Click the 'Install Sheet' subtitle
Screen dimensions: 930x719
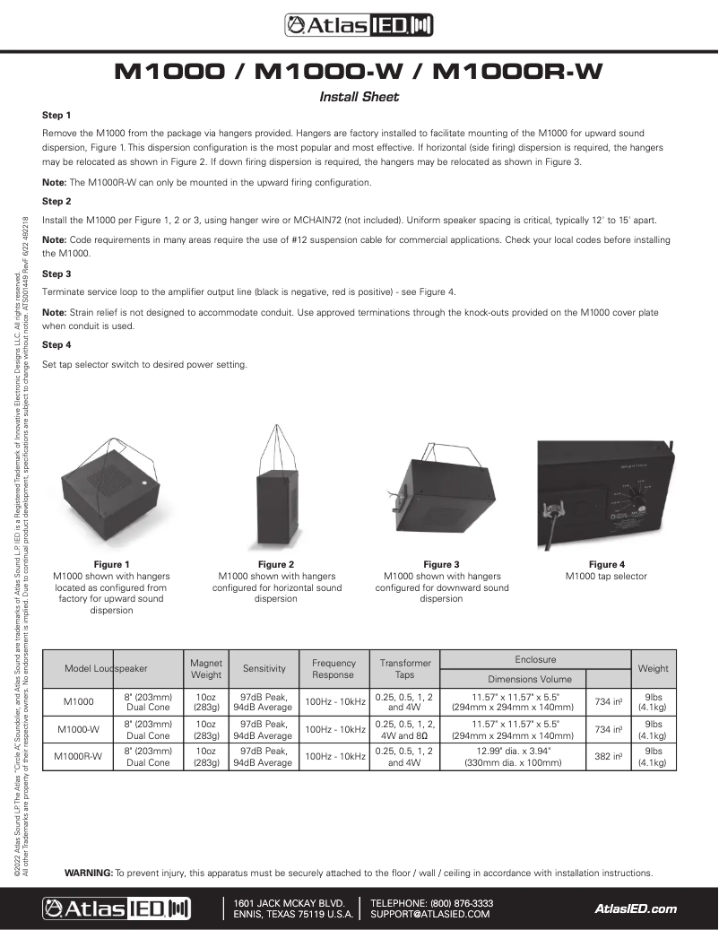click(359, 97)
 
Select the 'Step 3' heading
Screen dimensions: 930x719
click(56, 274)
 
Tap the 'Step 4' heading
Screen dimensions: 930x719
click(56, 344)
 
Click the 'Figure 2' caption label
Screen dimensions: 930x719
click(276, 564)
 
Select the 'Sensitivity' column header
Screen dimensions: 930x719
click(264, 668)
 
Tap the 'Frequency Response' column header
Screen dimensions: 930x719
click(333, 668)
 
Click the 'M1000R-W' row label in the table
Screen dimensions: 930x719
click(78, 756)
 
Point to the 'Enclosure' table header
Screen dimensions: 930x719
click(535, 659)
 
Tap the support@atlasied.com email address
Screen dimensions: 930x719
click(430, 915)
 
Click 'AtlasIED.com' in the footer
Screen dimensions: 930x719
click(636, 908)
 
